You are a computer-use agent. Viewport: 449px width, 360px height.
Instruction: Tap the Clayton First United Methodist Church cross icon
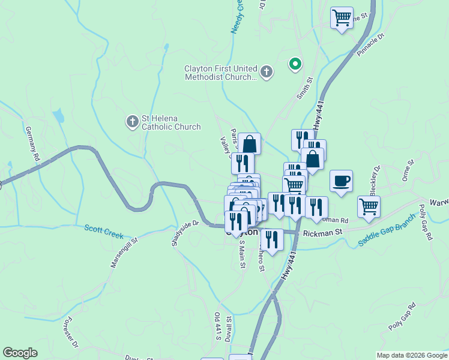tap(267, 73)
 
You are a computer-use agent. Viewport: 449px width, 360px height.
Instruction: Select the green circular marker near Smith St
tap(295, 64)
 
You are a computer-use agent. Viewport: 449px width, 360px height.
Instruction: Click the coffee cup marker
tap(341, 181)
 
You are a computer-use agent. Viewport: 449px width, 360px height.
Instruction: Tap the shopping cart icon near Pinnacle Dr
tap(342, 18)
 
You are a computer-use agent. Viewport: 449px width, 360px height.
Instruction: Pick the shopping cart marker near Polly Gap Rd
tap(369, 206)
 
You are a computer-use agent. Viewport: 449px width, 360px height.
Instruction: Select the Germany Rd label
tap(32, 143)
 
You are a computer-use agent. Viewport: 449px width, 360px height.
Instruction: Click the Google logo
tap(20, 353)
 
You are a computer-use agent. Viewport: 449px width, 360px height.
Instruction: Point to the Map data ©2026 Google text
tap(411, 355)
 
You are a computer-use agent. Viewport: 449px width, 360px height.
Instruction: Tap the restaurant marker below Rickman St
tap(272, 239)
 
